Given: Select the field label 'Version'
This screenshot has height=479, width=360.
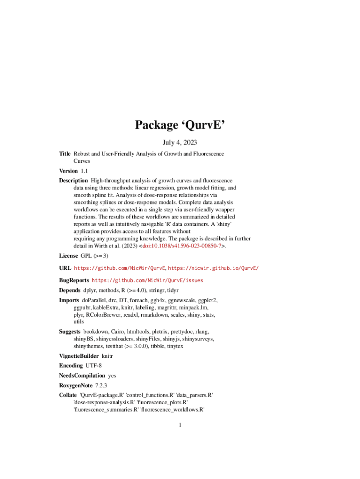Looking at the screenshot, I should (68, 171).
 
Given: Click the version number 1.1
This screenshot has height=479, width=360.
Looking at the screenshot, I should (85, 171).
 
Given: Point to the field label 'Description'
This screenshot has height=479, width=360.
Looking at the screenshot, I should (73, 181).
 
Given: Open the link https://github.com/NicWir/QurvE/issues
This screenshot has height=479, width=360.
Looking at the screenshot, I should (147, 281).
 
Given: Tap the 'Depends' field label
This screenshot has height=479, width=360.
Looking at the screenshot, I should (69, 290).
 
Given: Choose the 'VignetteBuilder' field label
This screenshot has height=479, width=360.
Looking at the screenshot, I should (79, 356).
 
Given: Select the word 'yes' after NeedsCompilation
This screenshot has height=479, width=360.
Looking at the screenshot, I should (112, 375).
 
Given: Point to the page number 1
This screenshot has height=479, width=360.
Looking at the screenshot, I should (180, 425).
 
